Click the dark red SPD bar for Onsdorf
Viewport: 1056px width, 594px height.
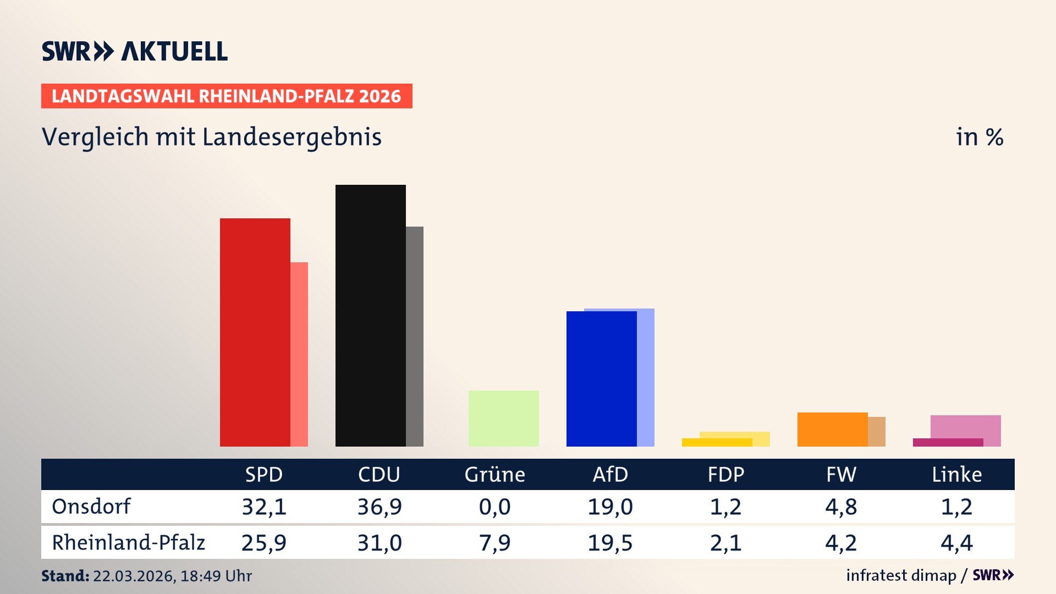tap(255, 332)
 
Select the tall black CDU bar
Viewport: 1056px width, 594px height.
tap(371, 316)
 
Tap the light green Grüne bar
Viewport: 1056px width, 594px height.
tap(504, 419)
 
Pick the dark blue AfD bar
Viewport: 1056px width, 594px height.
tap(602, 379)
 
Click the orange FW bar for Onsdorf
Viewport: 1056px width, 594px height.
tap(833, 430)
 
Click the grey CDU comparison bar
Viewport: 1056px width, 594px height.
tap(415, 336)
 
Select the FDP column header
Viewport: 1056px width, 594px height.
tap(726, 475)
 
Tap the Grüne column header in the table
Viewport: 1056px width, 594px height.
tap(495, 475)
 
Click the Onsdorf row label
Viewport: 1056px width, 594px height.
tap(91, 507)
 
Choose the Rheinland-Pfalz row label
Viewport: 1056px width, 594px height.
tap(128, 543)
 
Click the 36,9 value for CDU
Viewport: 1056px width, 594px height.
tap(380, 507)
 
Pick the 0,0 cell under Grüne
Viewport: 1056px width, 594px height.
tap(495, 507)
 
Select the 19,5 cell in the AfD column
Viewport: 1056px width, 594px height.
tap(610, 543)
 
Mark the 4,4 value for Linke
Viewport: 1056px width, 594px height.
tap(957, 543)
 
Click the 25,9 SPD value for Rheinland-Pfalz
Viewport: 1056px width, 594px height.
tap(264, 543)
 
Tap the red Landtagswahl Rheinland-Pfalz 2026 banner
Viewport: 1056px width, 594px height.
tap(227, 96)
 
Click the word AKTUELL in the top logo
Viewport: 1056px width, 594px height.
tap(174, 52)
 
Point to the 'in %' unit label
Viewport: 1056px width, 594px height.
tap(980, 137)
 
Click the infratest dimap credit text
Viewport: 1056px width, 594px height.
tap(901, 575)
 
